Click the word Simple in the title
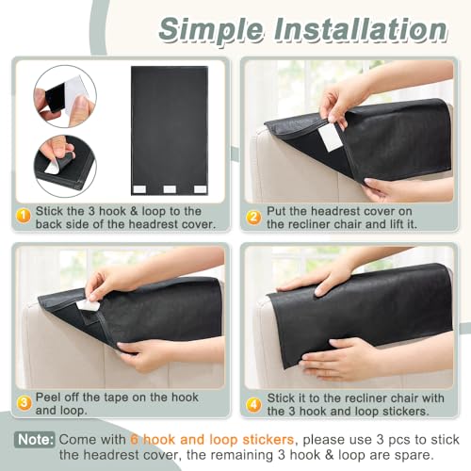click(x=211, y=31)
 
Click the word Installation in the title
click(x=361, y=29)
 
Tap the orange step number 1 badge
click(x=24, y=217)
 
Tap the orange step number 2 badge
click(x=253, y=218)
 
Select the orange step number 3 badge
click(x=24, y=403)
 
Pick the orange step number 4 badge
click(x=253, y=405)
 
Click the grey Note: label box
click(x=35, y=440)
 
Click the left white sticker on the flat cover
click(x=139, y=189)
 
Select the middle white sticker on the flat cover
click(x=170, y=189)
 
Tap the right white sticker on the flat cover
click(x=200, y=189)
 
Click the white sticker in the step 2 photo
click(x=330, y=138)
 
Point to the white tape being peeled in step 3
click(x=87, y=306)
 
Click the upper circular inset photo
click(x=65, y=96)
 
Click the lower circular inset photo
click(x=65, y=167)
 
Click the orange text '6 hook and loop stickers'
click(x=212, y=440)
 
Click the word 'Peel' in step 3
click(x=47, y=398)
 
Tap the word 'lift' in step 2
click(x=397, y=224)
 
